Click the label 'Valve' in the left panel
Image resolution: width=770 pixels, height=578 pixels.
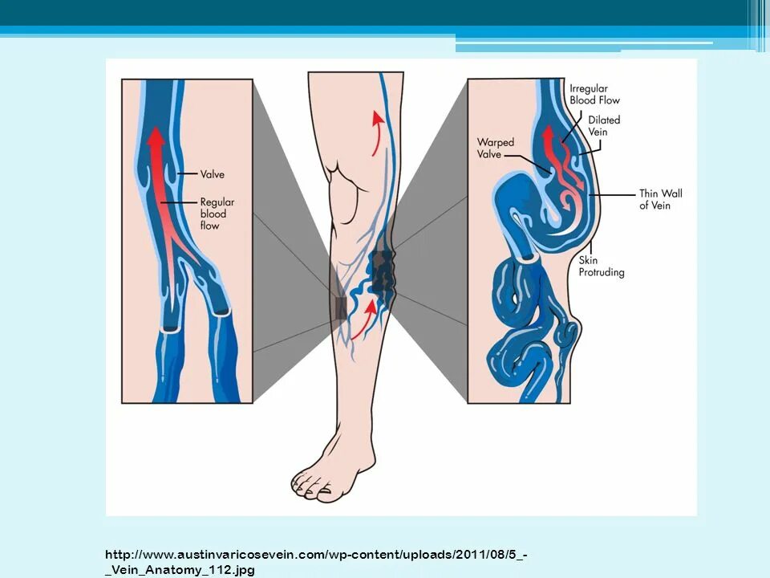coord(212,174)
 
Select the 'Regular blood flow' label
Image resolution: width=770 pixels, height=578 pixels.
coord(217,214)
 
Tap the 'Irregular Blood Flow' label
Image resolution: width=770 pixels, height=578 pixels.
coord(594,95)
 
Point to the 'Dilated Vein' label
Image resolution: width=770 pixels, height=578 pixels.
coord(603,126)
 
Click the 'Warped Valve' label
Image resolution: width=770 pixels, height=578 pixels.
coord(495,149)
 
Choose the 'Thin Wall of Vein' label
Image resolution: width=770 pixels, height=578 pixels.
coord(660,199)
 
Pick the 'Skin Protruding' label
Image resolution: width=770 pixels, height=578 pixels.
coord(601,267)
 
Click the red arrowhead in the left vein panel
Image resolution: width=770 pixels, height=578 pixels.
coord(156,137)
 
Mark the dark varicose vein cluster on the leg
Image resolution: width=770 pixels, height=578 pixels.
coord(382,273)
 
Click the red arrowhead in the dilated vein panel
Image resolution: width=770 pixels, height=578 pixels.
coord(549,134)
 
